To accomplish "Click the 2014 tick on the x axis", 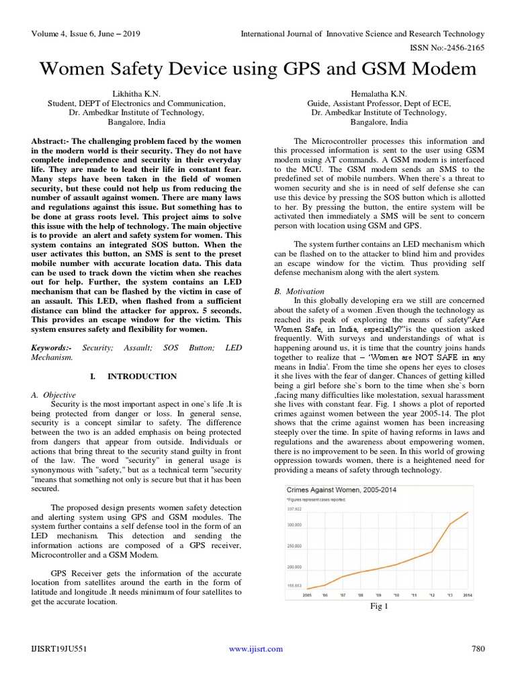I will pos(468,595).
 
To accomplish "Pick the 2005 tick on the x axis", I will pos(308,595).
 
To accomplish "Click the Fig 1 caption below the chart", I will pos(380,606).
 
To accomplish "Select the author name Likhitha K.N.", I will pos(136,93).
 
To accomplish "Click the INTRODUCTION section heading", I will pos(142,376).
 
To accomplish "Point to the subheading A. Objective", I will pos(53,394).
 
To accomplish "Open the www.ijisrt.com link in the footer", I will pos(255,649).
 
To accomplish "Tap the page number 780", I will pos(478,649).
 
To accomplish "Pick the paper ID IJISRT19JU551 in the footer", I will pos(59,649).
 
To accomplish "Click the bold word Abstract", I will pos(49,142).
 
